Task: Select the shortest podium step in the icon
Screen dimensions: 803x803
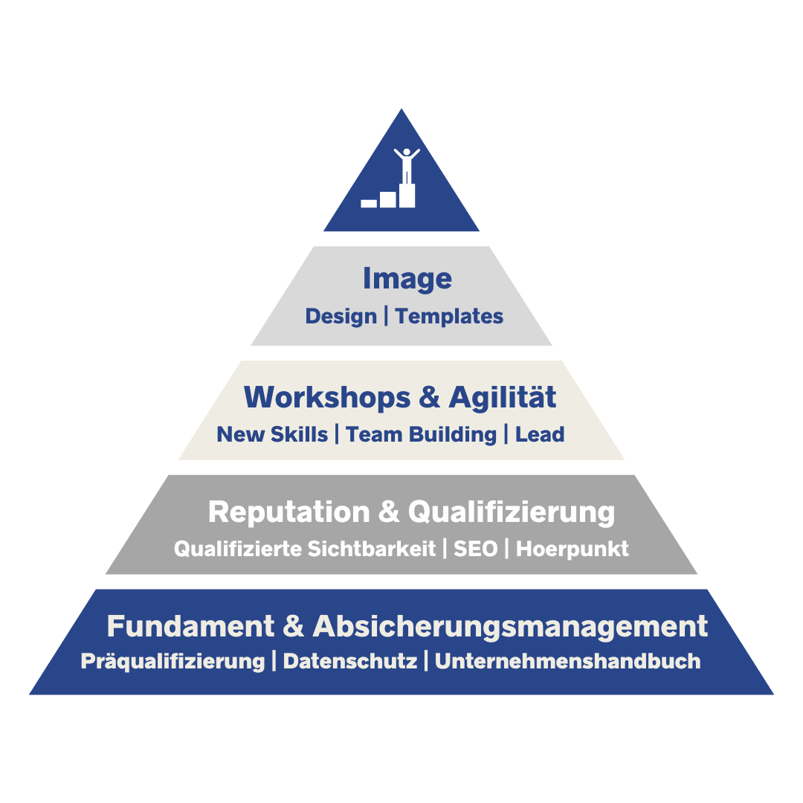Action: pos(369,203)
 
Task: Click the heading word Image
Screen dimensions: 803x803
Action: pos(407,279)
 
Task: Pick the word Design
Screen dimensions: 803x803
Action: pos(341,317)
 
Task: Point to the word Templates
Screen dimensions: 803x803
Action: pos(449,317)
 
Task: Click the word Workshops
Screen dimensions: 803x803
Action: pos(327,397)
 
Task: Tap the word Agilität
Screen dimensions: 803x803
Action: pos(503,397)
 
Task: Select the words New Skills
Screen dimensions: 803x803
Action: pos(272,434)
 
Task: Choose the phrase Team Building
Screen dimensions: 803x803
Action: pos(421,435)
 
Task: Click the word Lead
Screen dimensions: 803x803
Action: pos(540,434)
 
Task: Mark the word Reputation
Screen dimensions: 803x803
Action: pos(288,512)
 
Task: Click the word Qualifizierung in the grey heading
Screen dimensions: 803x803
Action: pos(511,512)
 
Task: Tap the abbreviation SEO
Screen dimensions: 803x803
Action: pos(475,549)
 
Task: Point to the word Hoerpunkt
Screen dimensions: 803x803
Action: pos(572,549)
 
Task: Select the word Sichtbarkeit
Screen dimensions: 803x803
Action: pos(372,549)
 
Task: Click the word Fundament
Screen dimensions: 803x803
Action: pos(190,626)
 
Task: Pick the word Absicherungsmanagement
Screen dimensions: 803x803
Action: pos(510,627)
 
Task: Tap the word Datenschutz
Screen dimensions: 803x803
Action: pos(349,661)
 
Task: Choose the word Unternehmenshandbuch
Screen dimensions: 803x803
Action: pos(567,661)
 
